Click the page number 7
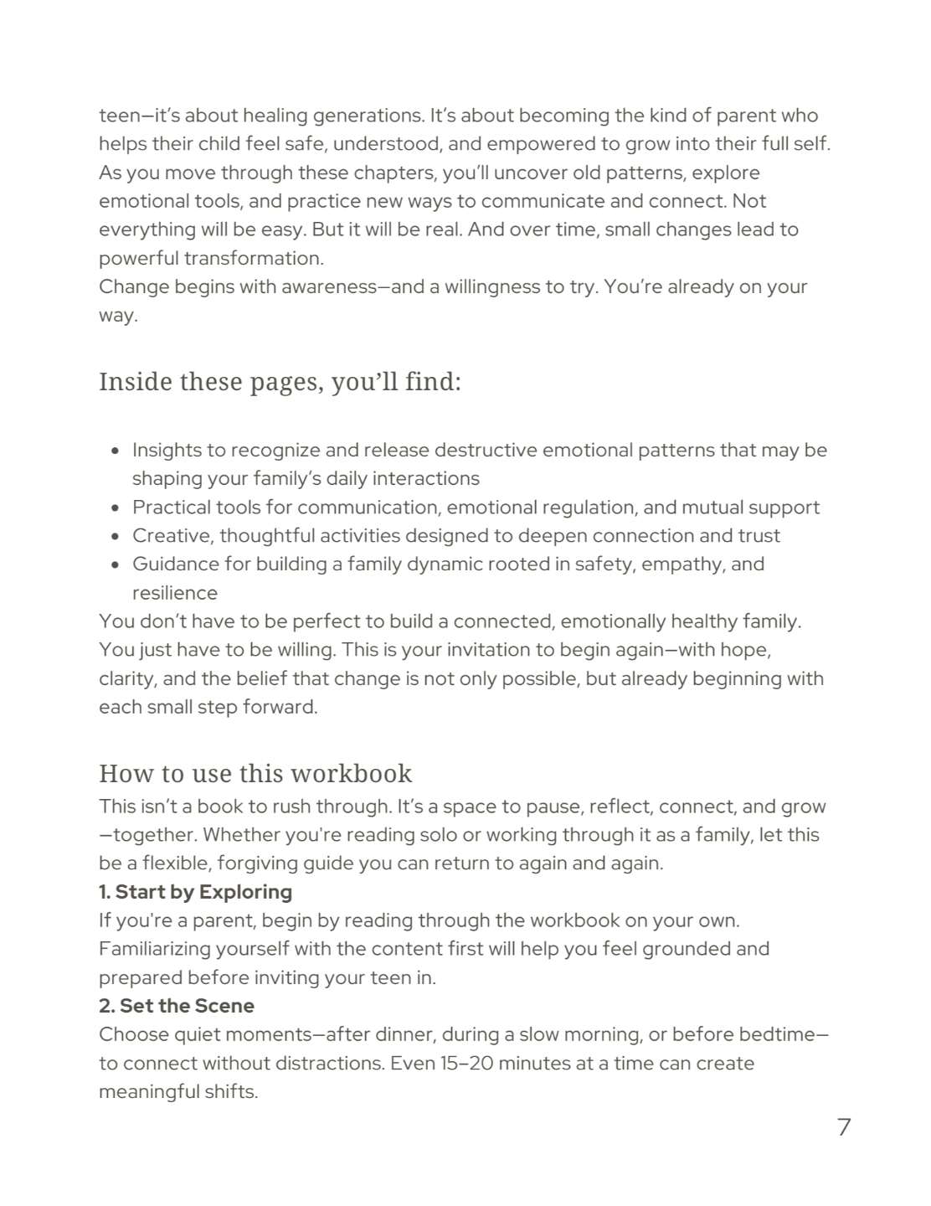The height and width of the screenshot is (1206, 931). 843,1127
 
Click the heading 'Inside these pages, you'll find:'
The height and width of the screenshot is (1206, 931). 280,382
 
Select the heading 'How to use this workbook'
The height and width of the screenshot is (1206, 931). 255,772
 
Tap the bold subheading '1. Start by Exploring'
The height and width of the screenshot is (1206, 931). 195,892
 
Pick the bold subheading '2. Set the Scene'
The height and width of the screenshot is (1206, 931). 177,1006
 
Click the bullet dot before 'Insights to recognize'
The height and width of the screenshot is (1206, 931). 115,451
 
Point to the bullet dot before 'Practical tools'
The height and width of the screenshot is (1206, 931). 115,508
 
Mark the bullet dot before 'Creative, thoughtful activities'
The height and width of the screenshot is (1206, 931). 115,537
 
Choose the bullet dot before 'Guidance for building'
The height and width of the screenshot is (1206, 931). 115,565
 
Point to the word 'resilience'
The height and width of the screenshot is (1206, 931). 175,593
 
